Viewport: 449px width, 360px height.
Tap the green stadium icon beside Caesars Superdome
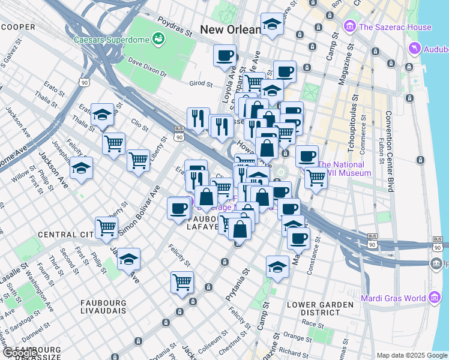point(158,40)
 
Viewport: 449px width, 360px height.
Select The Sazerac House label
point(394,27)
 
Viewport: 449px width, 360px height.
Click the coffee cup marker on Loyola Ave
point(226,55)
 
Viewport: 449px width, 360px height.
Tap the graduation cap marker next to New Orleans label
point(273,25)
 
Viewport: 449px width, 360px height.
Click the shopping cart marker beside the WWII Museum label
point(315,178)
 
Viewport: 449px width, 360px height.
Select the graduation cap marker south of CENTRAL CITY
point(128,259)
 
